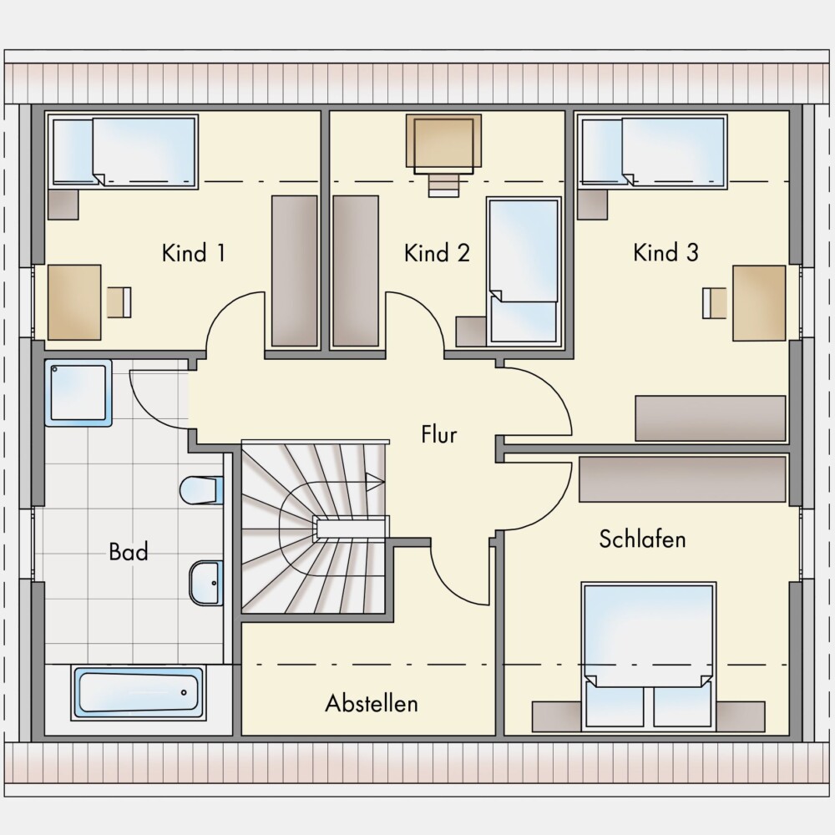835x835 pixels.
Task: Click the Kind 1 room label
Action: point(194,253)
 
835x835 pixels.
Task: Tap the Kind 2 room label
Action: point(437,253)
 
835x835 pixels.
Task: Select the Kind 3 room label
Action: point(665,252)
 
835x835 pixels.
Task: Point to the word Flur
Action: point(439,434)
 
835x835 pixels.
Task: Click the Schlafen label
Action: point(642,539)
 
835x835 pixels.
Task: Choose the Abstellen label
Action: point(372,703)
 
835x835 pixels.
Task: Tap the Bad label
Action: point(129,552)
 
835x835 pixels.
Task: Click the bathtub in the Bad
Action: point(139,692)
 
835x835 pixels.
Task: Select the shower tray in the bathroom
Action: point(78,393)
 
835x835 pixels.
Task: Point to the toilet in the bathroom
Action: point(201,490)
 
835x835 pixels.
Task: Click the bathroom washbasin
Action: point(206,583)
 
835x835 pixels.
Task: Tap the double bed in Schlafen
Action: point(649,655)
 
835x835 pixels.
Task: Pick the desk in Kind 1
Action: point(74,302)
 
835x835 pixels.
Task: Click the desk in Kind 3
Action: point(759,303)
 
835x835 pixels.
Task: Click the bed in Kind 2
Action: point(524,272)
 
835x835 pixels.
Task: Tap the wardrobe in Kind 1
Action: point(295,271)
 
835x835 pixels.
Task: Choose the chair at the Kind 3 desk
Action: point(715,303)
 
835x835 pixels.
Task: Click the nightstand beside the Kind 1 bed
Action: point(63,205)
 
